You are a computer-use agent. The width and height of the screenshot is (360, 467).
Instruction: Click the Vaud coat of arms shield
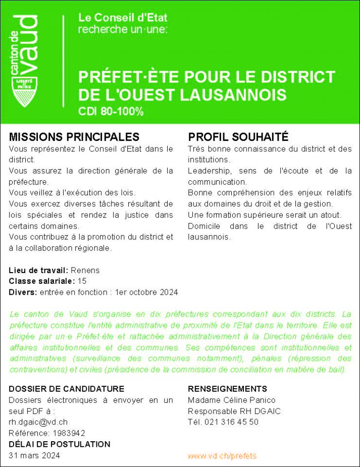pos(23,92)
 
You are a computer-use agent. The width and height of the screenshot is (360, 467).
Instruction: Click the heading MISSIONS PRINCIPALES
pos(74,137)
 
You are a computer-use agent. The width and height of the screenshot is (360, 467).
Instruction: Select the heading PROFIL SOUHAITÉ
pos(238,137)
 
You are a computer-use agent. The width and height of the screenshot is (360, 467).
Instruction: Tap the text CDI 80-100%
pos(111,112)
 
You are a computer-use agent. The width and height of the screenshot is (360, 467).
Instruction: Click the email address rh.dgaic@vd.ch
pos(38,422)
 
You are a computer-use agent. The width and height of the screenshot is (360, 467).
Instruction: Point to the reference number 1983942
pos(68,433)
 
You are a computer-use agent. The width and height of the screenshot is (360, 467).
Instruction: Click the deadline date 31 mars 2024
pos(34,455)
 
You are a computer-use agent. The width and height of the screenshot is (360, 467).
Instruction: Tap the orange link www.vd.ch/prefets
pos(222,456)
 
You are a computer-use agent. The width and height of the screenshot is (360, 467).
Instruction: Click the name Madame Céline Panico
pos(232,400)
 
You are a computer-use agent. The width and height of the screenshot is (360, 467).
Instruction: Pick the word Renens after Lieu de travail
pos(85,270)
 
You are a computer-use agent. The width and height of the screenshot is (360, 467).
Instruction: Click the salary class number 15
pos(82,281)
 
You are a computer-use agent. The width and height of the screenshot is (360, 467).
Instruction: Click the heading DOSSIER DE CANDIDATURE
pos(67,389)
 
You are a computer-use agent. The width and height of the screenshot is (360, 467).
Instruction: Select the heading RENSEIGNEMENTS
pos(227,389)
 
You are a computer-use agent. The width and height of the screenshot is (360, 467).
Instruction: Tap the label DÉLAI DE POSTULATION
pos(60,444)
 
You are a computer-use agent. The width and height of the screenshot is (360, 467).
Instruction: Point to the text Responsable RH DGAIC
pos(234,411)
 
